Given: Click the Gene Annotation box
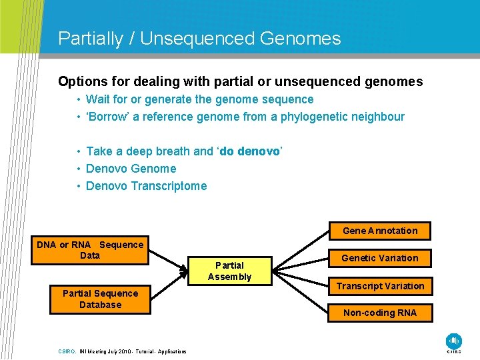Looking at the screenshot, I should point(380,231).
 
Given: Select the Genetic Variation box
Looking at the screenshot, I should point(380,258).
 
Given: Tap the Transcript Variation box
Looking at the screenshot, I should point(380,286).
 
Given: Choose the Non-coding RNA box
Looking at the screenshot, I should point(380,313).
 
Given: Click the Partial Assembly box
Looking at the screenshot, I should point(229,271).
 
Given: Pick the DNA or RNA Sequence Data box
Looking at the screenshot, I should point(90,250).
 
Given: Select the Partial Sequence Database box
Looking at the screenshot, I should point(100,299).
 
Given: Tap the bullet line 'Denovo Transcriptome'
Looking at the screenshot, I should point(146,186).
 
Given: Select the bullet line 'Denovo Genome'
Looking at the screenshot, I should point(131,169).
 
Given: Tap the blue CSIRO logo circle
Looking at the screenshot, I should point(454,340).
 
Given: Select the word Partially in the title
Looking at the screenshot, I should point(90,39).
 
